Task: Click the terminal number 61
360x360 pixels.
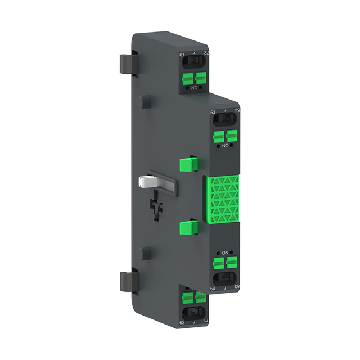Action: pyautogui.click(x=182, y=55)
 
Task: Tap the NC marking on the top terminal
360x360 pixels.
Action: pyautogui.click(x=195, y=88)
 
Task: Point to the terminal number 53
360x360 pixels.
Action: pyautogui.click(x=213, y=112)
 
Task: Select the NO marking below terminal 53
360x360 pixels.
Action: pyautogui.click(x=226, y=146)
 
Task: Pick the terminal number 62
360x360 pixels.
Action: pyautogui.click(x=182, y=323)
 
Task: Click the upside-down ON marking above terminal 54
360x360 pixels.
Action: pyautogui.click(x=226, y=253)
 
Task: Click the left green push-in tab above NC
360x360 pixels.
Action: pyautogui.click(x=188, y=77)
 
